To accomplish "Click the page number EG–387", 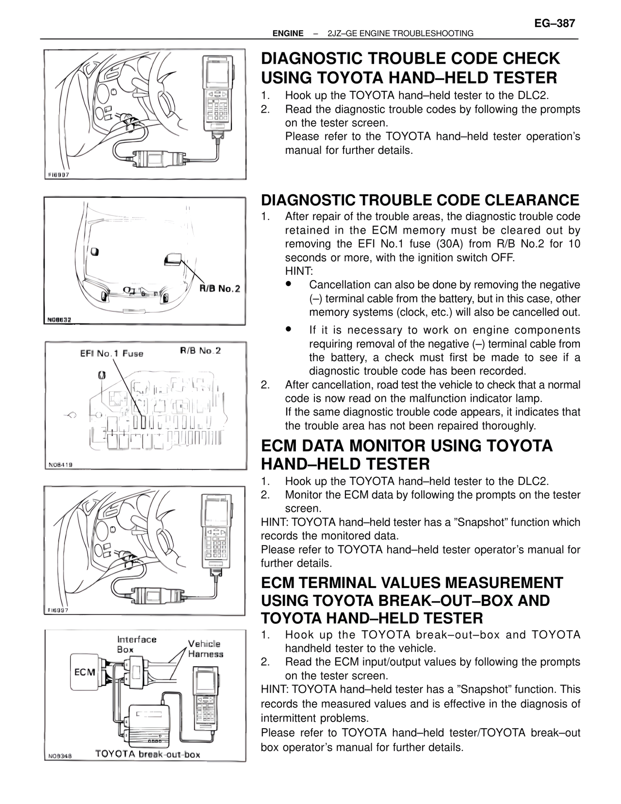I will [554, 23].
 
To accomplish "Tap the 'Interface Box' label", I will [136, 644].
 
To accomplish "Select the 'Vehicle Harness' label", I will [205, 649].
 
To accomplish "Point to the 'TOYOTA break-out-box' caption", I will [147, 754].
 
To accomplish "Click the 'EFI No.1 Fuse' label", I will [112, 353].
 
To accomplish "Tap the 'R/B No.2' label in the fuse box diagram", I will [200, 351].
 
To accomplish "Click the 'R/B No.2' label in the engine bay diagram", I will [220, 289].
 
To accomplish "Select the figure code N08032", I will [60, 320].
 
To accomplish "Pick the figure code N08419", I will [61, 465].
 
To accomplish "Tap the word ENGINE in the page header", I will [288, 33].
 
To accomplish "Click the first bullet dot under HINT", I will [288, 284].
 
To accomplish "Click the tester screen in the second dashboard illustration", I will [216, 512].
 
